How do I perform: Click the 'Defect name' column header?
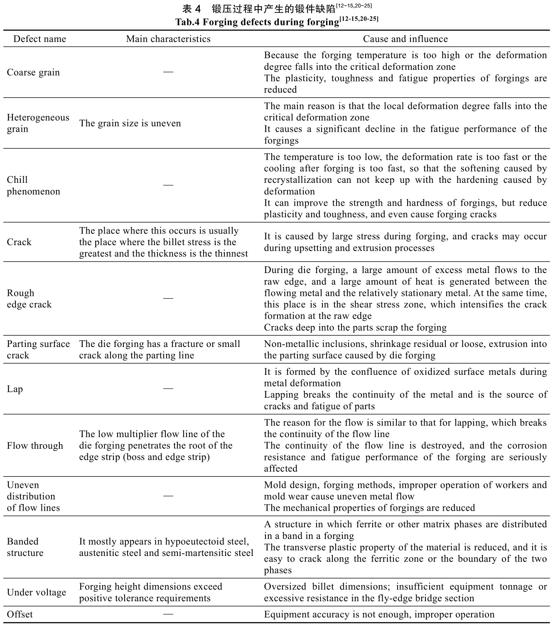pyautogui.click(x=39, y=39)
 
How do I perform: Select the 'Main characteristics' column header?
pyautogui.click(x=168, y=39)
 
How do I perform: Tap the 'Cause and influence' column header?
pyautogui.click(x=405, y=39)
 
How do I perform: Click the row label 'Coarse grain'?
pyautogui.click(x=33, y=73)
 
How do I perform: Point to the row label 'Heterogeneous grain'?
pyautogui.click(x=38, y=123)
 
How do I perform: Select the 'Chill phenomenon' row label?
pyautogui.click(x=33, y=186)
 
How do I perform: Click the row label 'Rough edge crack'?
pyautogui.click(x=29, y=299)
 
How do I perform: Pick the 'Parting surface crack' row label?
pyautogui.click(x=38, y=350)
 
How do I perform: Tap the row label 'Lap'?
pyautogui.click(x=15, y=389)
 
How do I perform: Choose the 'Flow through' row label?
pyautogui.click(x=35, y=446)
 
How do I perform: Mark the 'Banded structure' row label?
pyautogui.click(x=25, y=547)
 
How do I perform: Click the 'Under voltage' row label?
pyautogui.click(x=36, y=593)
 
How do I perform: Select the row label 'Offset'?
pyautogui.click(x=20, y=615)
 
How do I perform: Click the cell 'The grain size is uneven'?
pyautogui.click(x=130, y=123)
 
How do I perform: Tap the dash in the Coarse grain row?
pyautogui.click(x=168, y=72)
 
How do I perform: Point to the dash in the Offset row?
pyautogui.click(x=168, y=614)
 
